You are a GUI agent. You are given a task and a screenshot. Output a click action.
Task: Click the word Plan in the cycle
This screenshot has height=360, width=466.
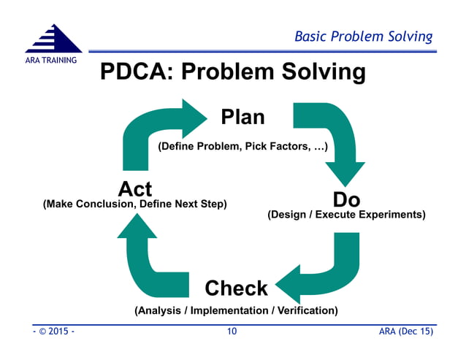242,117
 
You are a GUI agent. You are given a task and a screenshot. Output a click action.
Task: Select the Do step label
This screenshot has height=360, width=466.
346,199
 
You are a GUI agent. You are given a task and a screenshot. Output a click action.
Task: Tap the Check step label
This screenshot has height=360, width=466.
236,288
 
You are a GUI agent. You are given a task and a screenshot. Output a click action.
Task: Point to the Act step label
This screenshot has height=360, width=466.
135,188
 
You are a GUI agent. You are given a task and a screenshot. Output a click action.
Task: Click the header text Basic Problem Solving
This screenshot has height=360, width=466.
363,37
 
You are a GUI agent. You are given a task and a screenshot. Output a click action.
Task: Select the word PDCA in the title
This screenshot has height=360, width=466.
135,72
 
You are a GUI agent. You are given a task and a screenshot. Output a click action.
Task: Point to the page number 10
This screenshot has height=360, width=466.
232,332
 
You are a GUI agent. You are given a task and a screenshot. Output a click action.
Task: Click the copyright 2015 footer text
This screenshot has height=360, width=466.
53,332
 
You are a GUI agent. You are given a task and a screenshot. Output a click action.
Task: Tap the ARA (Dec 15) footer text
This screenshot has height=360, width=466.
405,332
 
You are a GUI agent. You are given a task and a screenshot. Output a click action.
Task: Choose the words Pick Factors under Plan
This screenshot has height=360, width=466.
280,148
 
